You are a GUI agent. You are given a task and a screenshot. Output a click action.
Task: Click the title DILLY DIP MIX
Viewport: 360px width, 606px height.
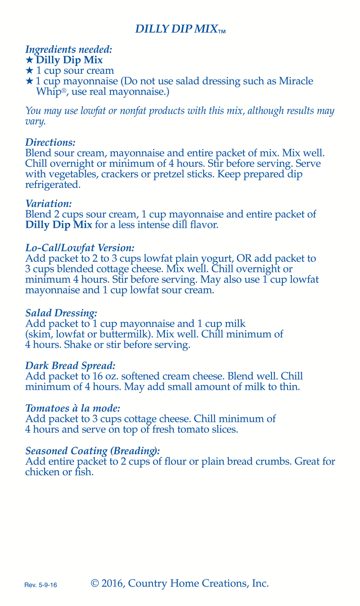[176, 29]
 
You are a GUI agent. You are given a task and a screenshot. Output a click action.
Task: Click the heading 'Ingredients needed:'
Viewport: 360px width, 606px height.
[69, 49]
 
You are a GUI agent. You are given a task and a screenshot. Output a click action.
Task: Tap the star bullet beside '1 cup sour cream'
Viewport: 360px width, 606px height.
[29, 71]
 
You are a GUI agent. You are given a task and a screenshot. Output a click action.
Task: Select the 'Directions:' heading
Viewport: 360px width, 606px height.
[50, 143]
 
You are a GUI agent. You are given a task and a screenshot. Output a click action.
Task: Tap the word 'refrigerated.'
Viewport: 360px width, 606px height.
[53, 185]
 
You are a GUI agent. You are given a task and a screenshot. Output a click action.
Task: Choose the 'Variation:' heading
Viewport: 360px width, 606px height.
[48, 204]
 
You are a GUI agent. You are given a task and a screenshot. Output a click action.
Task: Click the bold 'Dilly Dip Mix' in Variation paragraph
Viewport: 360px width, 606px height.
[58, 225]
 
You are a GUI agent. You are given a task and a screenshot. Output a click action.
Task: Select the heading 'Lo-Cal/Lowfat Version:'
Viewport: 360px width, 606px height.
[80, 248]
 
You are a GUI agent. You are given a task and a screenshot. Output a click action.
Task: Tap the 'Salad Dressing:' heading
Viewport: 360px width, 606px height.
[61, 313]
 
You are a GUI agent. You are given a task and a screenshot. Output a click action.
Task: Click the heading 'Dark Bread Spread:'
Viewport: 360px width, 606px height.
[70, 366]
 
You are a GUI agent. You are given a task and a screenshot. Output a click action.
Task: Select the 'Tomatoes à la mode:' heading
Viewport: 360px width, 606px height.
[72, 409]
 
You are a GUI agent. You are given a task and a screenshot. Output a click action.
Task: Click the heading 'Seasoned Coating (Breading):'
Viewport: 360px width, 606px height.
[92, 451]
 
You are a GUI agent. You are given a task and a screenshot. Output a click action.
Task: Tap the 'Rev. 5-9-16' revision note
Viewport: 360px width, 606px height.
[41, 586]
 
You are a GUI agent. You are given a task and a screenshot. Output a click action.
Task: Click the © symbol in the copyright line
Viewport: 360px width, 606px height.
[95, 583]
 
